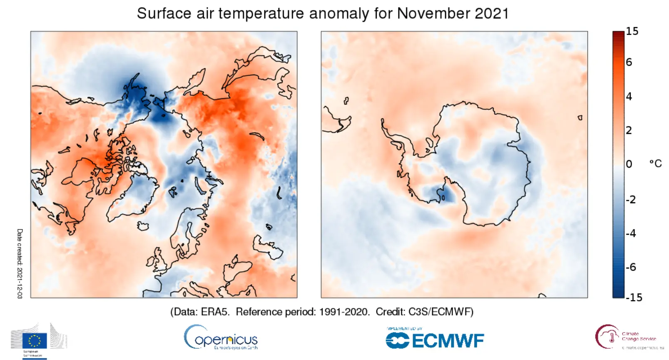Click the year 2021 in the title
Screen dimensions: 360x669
[x=492, y=13]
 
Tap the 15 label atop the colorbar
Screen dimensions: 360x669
[x=632, y=32]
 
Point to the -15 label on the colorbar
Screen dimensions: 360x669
[x=634, y=297]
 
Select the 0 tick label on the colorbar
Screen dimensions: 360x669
[x=629, y=164]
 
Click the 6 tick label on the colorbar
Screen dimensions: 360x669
[x=629, y=62]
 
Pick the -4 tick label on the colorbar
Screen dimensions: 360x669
[x=631, y=233]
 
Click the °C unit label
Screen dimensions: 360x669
[x=655, y=164]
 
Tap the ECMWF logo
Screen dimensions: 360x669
[x=435, y=340]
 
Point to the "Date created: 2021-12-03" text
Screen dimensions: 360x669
[x=20, y=263]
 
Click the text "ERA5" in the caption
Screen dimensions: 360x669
[x=215, y=312]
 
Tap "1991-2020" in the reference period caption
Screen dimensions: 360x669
[x=344, y=312]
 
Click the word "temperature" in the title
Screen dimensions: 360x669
[x=261, y=13]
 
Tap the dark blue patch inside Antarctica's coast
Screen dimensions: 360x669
[x=440, y=194]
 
